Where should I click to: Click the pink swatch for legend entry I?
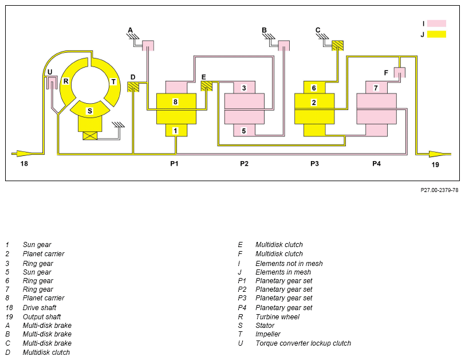(436, 24)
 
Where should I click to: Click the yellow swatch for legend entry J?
(436, 34)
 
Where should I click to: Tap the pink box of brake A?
(148, 45)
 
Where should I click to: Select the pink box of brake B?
(284, 45)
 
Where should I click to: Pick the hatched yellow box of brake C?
(337, 45)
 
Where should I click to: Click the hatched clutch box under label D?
(133, 87)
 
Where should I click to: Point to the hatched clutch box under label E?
(207, 86)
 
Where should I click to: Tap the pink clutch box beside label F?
(400, 72)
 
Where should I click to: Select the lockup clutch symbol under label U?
(52, 83)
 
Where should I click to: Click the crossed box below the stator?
(90, 136)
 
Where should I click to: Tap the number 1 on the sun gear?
(175, 131)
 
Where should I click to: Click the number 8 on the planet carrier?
(175, 102)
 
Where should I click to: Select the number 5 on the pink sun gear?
(244, 131)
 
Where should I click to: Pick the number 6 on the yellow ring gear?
(314, 88)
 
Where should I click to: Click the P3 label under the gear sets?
(314, 163)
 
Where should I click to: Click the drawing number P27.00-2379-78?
(439, 190)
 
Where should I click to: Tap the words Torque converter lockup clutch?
(303, 343)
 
